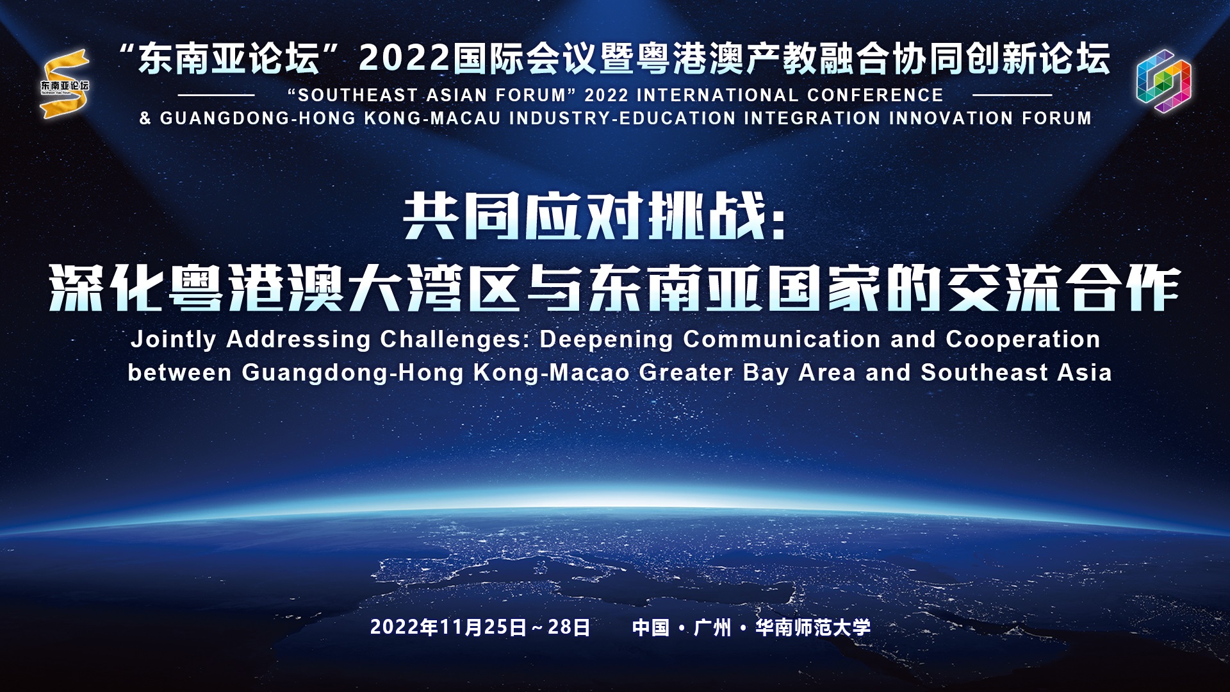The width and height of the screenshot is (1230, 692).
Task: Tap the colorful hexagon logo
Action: click(1163, 81)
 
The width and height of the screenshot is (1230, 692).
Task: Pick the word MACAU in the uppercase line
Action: click(463, 119)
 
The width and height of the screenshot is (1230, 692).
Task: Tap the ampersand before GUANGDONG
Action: click(145, 119)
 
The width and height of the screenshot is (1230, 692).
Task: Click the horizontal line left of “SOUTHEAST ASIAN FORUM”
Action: click(216, 95)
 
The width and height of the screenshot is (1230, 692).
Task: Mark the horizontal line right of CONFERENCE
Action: click(1012, 95)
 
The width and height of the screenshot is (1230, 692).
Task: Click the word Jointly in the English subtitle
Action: click(173, 340)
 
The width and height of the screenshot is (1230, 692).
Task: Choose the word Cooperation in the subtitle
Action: click(1023, 340)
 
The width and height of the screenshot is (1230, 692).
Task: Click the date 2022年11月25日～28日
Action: click(480, 627)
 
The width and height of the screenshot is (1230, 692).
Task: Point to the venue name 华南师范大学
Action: click(814, 627)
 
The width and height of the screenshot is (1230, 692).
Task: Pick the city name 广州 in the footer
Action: click(712, 627)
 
